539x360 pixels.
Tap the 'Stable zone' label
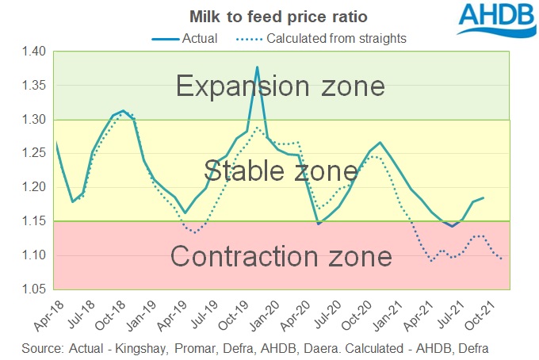click(x=281, y=170)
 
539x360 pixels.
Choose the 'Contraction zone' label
click(x=281, y=256)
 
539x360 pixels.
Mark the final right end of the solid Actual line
click(x=484, y=197)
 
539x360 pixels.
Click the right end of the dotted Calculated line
click(x=502, y=258)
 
